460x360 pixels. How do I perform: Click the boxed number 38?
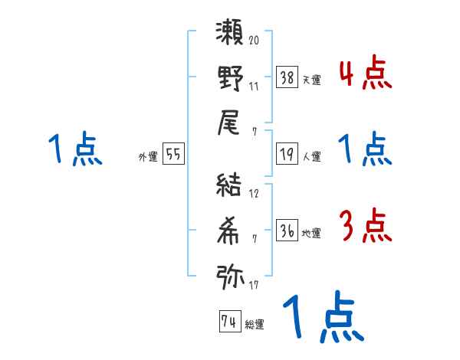click(x=287, y=77)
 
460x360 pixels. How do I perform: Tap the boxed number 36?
click(x=287, y=231)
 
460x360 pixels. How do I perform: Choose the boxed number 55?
click(x=173, y=155)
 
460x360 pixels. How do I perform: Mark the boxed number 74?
click(x=229, y=322)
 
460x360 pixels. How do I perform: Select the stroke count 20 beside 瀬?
click(x=254, y=40)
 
